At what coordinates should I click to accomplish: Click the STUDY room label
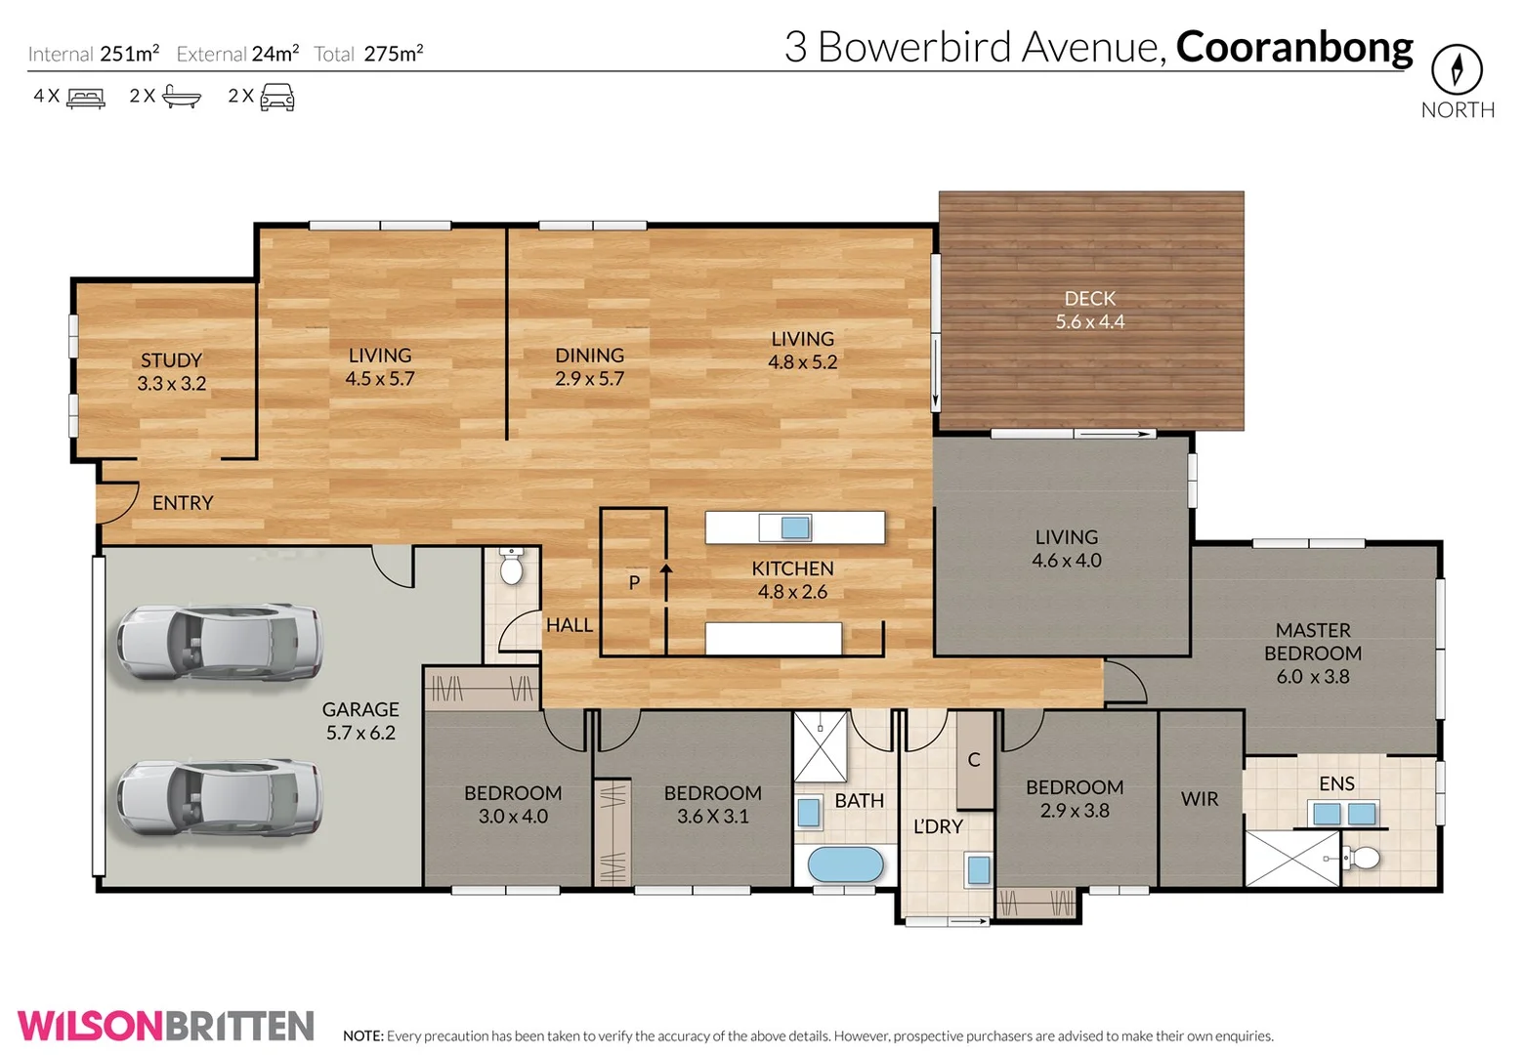[171, 360]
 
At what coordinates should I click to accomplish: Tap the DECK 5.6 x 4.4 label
[1089, 310]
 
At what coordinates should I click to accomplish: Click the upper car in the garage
[220, 642]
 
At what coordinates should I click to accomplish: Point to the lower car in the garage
[220, 798]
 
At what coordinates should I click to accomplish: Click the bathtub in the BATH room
[845, 865]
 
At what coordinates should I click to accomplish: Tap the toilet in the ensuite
[1363, 858]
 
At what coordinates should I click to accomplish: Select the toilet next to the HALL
[511, 568]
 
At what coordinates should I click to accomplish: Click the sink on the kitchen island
[795, 527]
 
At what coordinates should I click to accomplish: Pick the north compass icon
[1457, 69]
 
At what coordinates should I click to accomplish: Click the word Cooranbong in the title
[1293, 47]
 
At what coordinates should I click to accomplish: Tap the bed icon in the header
[86, 97]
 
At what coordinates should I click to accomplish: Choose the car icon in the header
[276, 97]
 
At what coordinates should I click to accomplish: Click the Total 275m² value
[393, 54]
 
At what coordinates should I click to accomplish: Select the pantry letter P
[634, 583]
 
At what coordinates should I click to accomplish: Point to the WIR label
[1199, 799]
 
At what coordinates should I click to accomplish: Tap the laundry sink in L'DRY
[978, 868]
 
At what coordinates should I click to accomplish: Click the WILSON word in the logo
[91, 1026]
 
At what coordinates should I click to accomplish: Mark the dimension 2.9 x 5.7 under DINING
[589, 379]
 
